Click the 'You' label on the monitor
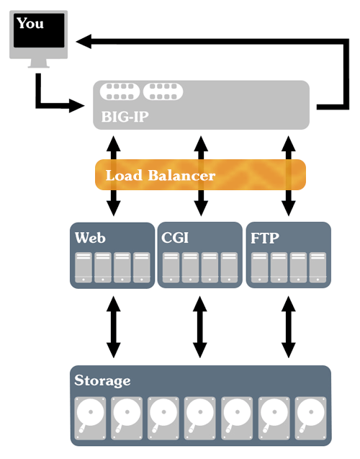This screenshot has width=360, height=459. [x=30, y=23]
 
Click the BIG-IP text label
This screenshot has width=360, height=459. [x=122, y=115]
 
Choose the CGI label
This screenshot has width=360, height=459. [x=176, y=237]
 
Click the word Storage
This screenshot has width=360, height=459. [x=103, y=380]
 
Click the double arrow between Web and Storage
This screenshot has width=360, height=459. [x=114, y=328]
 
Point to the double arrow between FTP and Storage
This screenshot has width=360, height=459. [x=289, y=328]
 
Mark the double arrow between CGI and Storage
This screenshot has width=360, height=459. [x=202, y=328]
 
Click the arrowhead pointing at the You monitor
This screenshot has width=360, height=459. [x=85, y=42]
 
